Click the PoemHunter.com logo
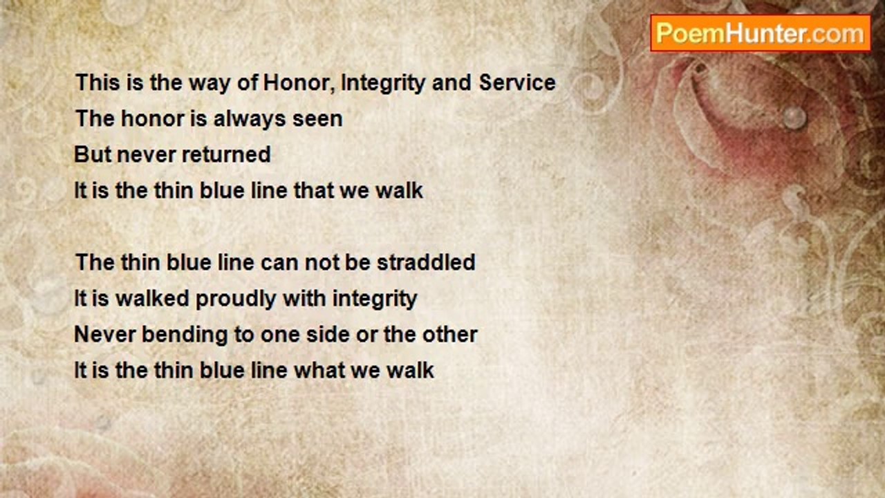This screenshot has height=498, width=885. coord(761,33)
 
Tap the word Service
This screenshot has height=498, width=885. coord(517,82)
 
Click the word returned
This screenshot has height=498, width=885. coord(226,154)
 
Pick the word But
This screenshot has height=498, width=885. coord(93,154)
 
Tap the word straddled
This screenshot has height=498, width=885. coord(426,262)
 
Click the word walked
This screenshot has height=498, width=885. coord(153,298)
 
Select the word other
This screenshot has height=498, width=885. coord(450,334)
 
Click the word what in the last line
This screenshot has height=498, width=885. coord(319,370)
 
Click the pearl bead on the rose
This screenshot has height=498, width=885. coord(794,118)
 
